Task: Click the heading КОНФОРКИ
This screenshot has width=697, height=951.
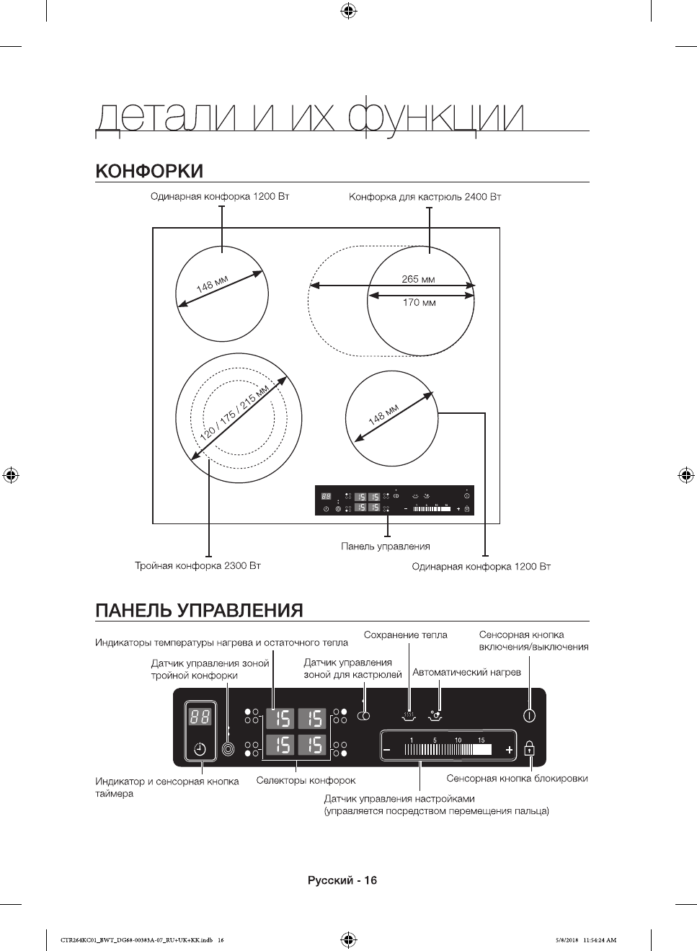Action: pyautogui.click(x=149, y=172)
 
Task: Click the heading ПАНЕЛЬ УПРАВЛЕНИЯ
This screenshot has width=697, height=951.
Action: pyautogui.click(x=199, y=611)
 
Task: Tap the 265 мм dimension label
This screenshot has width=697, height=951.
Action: pyautogui.click(x=418, y=279)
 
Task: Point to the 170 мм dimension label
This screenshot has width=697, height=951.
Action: pyautogui.click(x=419, y=303)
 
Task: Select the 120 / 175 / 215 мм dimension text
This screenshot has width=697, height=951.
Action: pyautogui.click(x=234, y=413)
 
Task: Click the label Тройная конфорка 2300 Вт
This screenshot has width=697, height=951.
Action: pyautogui.click(x=197, y=566)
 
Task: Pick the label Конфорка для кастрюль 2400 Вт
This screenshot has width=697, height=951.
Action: pyautogui.click(x=425, y=197)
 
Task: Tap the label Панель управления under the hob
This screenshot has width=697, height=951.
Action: pyautogui.click(x=385, y=547)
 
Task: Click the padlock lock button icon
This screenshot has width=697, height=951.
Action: pyautogui.click(x=530, y=748)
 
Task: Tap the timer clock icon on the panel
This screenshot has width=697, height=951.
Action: pyautogui.click(x=200, y=749)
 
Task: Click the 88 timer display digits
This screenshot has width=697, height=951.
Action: pyautogui.click(x=200, y=717)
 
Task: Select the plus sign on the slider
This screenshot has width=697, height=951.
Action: pyautogui.click(x=510, y=751)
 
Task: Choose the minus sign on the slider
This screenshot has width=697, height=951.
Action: pyautogui.click(x=387, y=751)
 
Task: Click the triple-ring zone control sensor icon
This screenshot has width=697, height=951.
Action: pyautogui.click(x=228, y=749)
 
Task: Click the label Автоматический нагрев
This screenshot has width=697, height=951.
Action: pyautogui.click(x=466, y=673)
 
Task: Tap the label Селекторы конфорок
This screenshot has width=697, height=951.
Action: pyautogui.click(x=306, y=781)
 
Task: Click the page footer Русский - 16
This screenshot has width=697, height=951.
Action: pyautogui.click(x=342, y=880)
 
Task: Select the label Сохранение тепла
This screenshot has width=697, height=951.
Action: pyautogui.click(x=405, y=635)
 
